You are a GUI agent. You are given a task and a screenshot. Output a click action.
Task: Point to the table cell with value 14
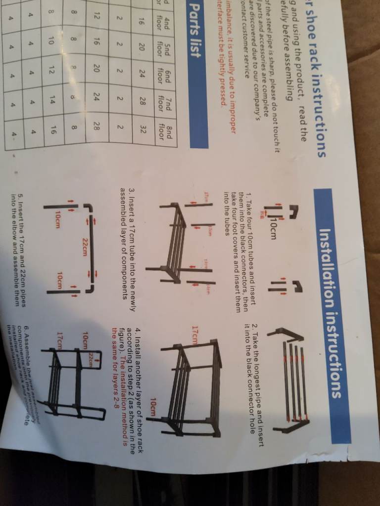click(52, 105)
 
